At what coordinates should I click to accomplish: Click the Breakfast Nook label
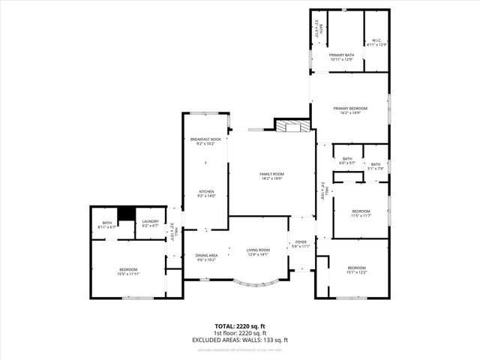coord(205,139)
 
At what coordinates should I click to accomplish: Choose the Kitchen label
coord(206,191)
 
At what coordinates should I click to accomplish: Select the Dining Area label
coord(206,255)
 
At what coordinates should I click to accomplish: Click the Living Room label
coord(257,250)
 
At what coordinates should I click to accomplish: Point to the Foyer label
coord(301,242)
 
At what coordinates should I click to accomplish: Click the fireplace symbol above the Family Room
coord(292,127)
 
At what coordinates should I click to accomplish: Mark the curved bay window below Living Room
coord(257,283)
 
